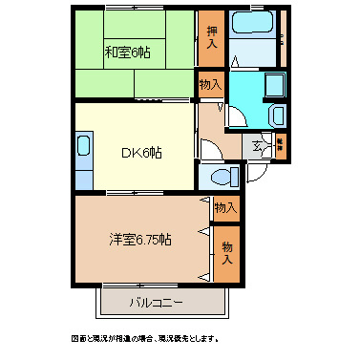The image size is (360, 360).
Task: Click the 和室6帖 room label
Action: [x=128, y=52]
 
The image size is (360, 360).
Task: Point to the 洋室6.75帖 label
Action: [x=140, y=239]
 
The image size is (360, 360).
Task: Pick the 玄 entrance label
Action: [x=259, y=146]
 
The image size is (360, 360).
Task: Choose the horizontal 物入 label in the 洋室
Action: [x=224, y=207]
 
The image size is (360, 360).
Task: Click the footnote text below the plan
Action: [x=153, y=338]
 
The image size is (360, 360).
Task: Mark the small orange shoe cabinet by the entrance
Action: [x=281, y=146]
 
